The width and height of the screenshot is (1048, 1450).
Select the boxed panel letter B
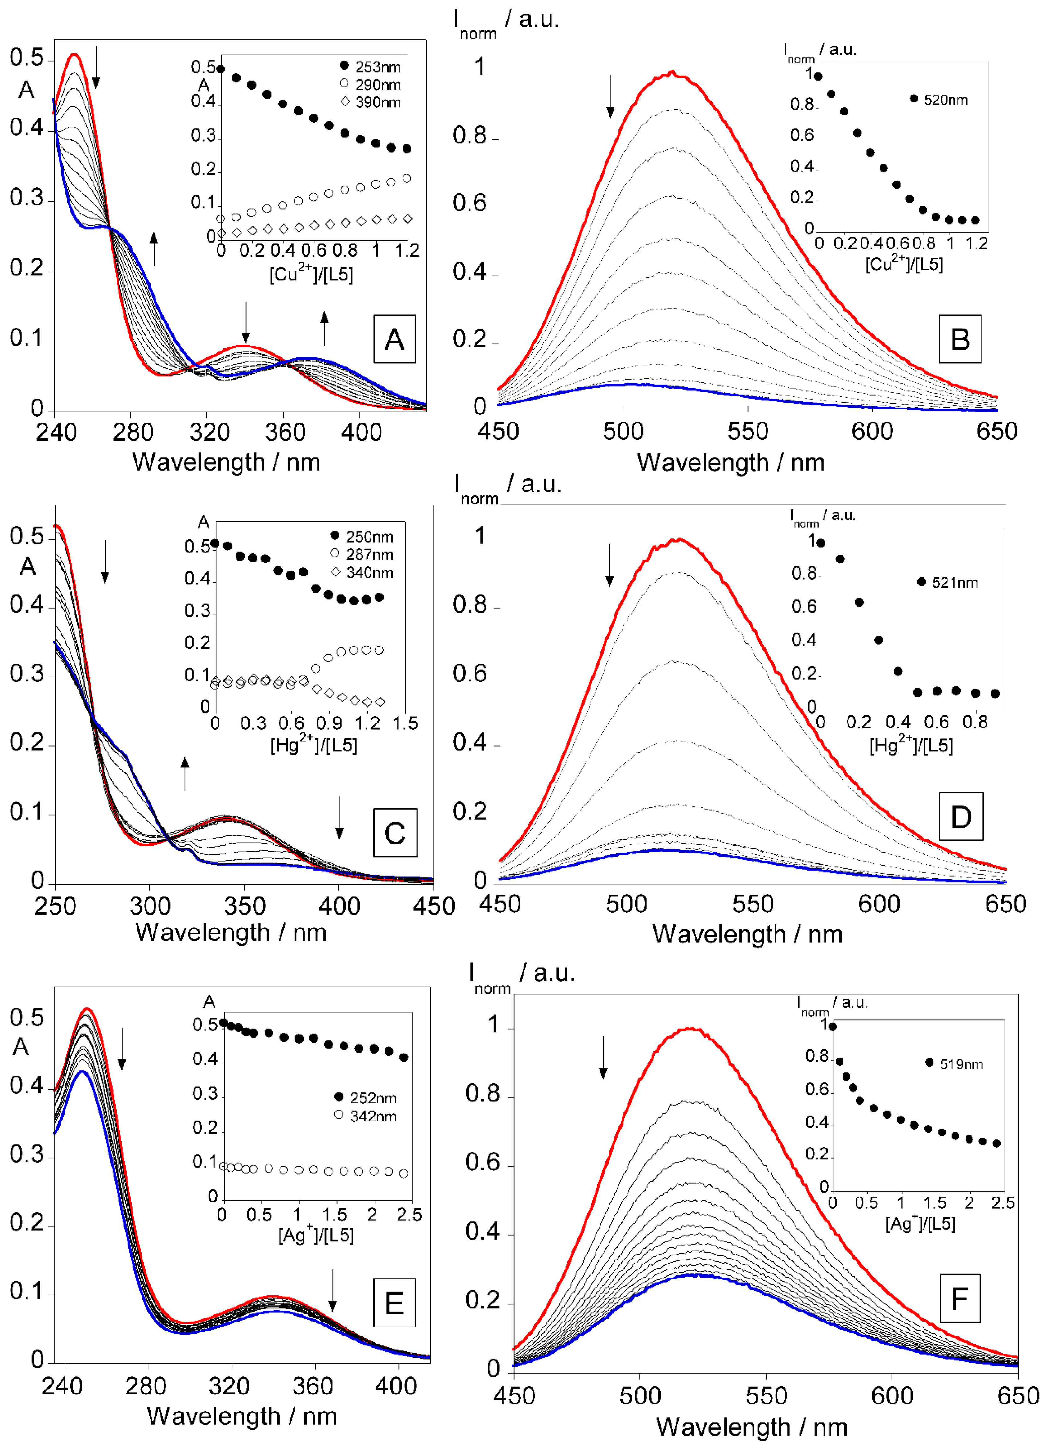point(960,339)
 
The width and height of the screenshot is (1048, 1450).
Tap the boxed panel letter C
point(394,832)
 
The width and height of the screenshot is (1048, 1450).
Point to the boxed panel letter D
point(960,817)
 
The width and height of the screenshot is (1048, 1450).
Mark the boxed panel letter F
point(959,1299)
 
